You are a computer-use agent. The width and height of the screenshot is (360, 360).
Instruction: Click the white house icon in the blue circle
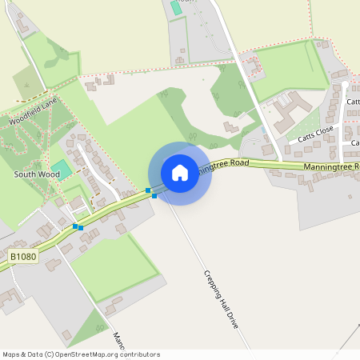180,173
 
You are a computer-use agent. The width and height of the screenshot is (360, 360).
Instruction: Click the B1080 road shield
24,256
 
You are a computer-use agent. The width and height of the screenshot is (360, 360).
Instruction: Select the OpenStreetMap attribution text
81,354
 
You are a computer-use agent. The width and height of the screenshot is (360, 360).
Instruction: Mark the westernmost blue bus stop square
75,226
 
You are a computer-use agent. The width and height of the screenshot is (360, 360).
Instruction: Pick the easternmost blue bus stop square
154,195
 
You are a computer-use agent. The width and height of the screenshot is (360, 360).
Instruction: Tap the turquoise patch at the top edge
175,7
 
